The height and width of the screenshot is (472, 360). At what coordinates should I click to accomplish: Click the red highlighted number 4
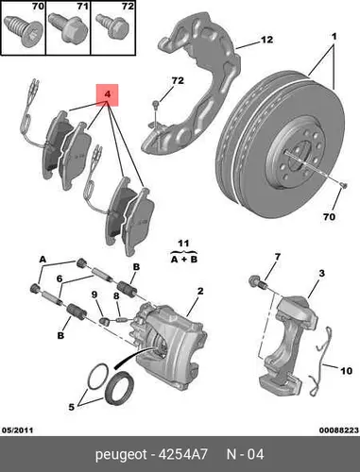coord(108,94)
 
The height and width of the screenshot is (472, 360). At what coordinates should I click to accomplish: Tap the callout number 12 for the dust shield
coord(266,40)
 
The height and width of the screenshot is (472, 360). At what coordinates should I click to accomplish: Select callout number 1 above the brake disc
coord(334,37)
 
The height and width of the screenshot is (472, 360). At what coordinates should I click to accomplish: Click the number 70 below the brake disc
coord(329,217)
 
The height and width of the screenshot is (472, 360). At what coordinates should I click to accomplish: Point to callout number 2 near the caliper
coord(200,291)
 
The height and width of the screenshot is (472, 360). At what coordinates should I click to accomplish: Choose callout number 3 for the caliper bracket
coord(321,273)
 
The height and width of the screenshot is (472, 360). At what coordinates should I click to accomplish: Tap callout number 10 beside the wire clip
coord(346,371)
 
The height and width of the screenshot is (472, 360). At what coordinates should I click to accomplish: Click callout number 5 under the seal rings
coord(72,407)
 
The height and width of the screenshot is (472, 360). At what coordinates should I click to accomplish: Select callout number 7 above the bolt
coord(277,257)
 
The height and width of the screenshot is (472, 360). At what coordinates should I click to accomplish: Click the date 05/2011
coord(18,430)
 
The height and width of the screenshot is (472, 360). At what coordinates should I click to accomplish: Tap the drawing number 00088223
coord(339,430)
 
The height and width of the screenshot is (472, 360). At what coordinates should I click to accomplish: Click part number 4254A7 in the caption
coord(182,454)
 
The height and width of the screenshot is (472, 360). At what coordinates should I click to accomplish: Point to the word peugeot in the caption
coord(121,455)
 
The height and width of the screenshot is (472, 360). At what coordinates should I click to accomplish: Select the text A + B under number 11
coord(184,260)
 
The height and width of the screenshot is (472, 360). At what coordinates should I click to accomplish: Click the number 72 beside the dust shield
coord(178,81)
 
